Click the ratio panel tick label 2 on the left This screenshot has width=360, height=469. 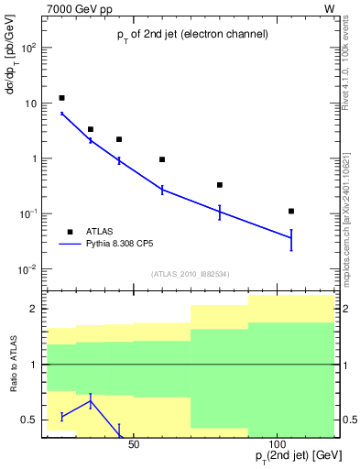[x=33, y=309]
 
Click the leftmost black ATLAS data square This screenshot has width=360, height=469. [x=61, y=98]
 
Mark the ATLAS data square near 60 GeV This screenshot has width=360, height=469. [x=162, y=159]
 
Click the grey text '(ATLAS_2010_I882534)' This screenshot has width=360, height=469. [x=191, y=273]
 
